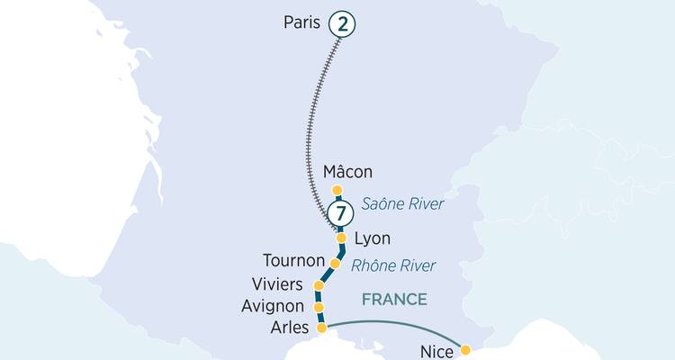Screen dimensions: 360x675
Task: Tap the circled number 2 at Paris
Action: [341, 23]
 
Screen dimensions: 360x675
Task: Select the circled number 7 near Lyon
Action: [339, 214]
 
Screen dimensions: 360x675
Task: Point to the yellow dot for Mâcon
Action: [337, 190]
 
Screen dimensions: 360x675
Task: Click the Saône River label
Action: [402, 204]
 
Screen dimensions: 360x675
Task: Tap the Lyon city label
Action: [373, 239]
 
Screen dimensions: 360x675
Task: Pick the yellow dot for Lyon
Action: [341, 238]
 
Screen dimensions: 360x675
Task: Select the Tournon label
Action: [292, 261]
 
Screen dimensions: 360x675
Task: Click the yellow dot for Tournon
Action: [335, 264]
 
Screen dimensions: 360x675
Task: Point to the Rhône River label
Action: [393, 265]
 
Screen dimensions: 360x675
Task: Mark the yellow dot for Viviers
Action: [318, 285]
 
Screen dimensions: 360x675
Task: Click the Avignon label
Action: [274, 306]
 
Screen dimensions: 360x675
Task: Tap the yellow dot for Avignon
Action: [319, 307]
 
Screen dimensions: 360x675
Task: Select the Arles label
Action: [289, 328]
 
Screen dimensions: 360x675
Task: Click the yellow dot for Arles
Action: [321, 329]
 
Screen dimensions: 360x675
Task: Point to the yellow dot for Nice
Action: [465, 350]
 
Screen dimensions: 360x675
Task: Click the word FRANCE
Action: [394, 299]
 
